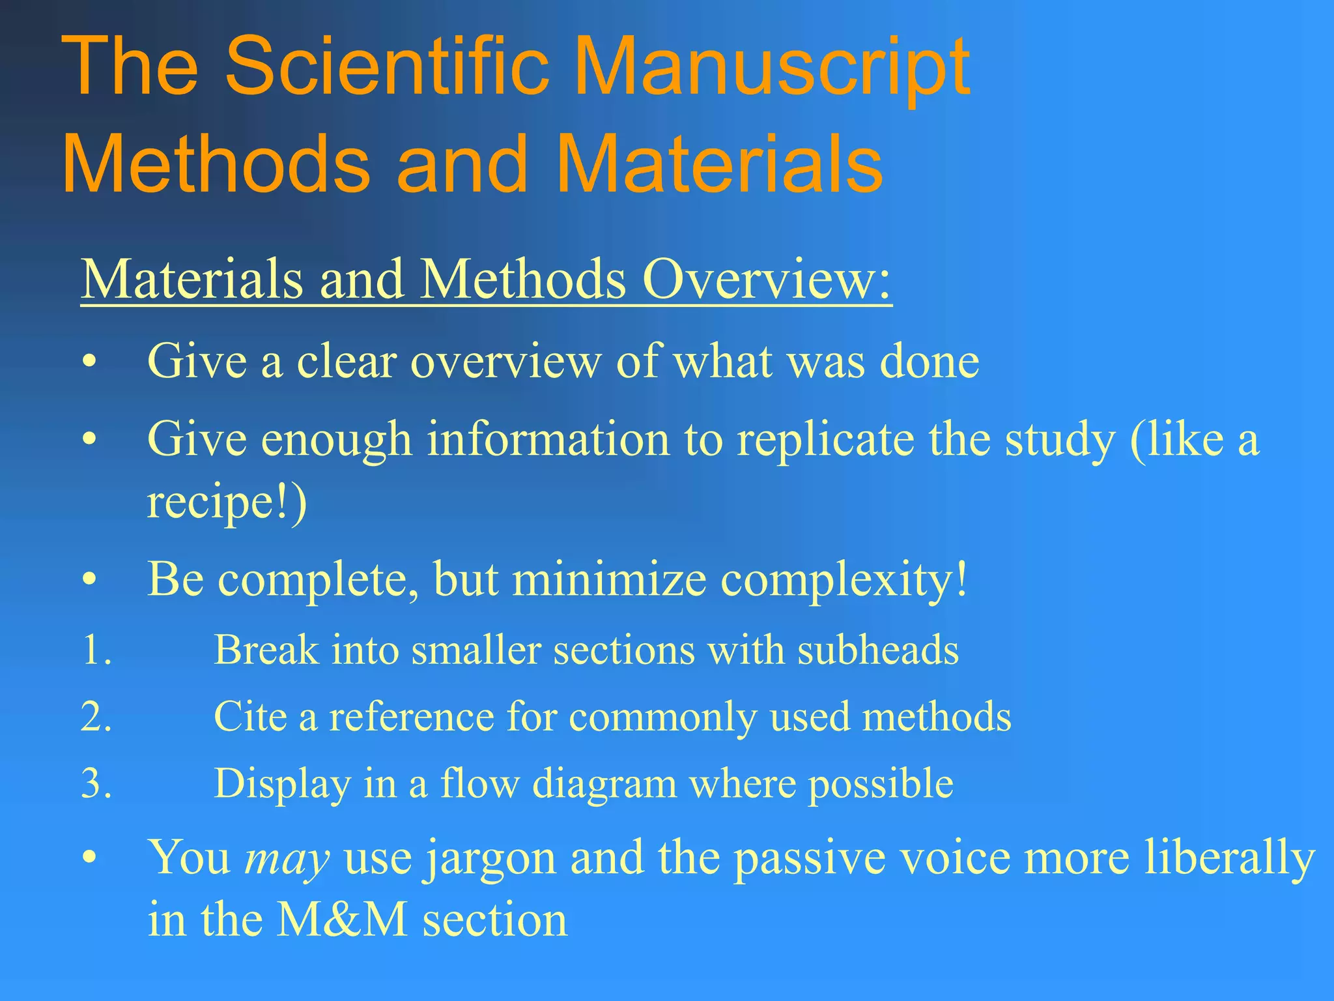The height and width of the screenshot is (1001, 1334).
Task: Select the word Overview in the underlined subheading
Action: point(766,280)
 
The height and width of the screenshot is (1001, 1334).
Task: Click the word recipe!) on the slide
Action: point(227,502)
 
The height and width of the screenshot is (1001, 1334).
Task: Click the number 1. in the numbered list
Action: point(96,650)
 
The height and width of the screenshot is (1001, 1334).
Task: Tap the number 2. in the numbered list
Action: point(96,717)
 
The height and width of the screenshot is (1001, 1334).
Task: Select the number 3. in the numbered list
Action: point(96,783)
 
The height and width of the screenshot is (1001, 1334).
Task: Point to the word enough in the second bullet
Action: point(337,439)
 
